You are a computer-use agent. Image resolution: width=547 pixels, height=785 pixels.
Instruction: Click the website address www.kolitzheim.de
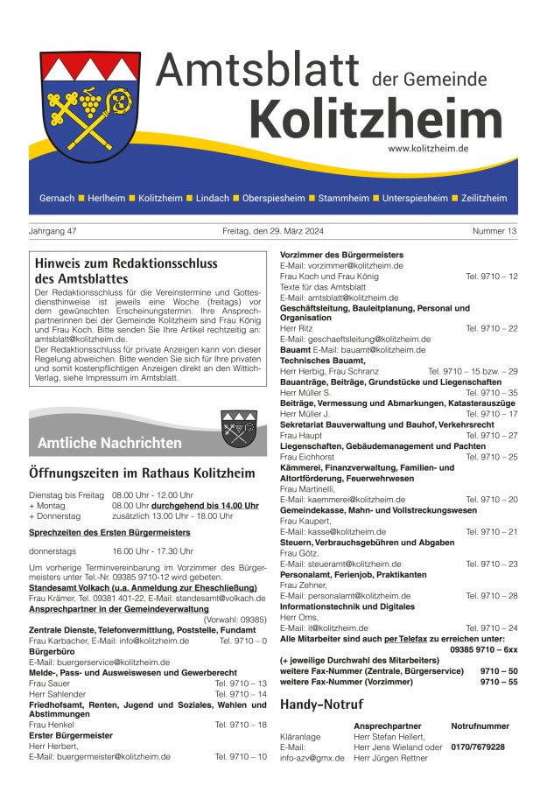(428, 149)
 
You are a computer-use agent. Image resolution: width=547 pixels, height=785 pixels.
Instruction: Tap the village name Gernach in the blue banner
(57, 199)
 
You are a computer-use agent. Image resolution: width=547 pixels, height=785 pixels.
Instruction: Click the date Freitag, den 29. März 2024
(272, 231)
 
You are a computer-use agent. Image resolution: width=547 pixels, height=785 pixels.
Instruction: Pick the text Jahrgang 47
(53, 231)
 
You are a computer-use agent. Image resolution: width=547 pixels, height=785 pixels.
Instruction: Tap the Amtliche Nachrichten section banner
(109, 443)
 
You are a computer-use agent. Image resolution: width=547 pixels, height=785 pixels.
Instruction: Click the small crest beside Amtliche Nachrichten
(238, 429)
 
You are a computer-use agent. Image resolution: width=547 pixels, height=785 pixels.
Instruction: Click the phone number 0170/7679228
(478, 746)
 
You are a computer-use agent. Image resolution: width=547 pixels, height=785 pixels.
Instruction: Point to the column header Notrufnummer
(480, 726)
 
